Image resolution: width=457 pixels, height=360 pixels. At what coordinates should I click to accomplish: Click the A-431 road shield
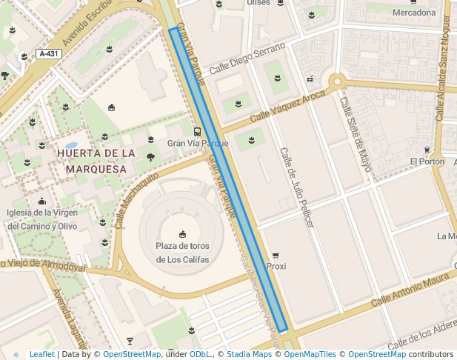point(49,54)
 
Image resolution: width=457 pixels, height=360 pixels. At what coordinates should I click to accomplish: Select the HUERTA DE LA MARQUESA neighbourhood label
point(96,161)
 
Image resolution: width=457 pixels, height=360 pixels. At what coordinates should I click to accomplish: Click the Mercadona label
point(414,13)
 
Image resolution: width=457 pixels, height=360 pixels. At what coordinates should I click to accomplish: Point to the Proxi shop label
point(276,266)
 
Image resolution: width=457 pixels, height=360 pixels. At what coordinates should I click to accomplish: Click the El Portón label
point(427,161)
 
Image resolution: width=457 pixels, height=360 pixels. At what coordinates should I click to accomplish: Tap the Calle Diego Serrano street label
point(247,57)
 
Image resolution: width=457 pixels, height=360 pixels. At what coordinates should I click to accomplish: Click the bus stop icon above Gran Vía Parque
point(196,131)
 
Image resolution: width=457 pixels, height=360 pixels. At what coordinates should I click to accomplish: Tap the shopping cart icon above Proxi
point(276,254)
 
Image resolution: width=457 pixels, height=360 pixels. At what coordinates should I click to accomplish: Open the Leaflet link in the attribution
point(41,355)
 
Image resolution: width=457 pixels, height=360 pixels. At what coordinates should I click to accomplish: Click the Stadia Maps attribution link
point(249,355)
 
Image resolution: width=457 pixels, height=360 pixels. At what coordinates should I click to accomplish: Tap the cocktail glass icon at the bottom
point(130,341)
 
